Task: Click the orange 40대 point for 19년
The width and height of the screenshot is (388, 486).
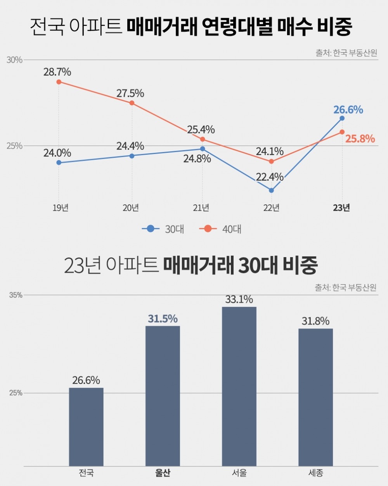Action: [59, 82]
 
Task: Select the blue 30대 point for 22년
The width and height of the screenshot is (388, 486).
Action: [271, 190]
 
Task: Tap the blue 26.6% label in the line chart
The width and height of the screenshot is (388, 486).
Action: [348, 110]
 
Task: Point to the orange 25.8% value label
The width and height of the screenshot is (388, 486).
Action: [360, 139]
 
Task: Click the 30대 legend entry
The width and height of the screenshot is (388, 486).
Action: [163, 229]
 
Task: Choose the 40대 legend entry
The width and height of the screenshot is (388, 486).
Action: [220, 229]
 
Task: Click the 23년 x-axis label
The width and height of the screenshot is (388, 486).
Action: [341, 208]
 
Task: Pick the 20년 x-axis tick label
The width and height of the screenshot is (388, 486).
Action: [131, 208]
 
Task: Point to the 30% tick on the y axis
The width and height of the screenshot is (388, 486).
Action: [14, 60]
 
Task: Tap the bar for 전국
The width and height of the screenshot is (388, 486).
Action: [86, 427]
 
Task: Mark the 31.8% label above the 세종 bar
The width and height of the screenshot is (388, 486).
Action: [315, 321]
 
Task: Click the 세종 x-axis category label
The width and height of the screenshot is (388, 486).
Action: [315, 473]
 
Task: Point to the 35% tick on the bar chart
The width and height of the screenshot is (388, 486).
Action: [16, 295]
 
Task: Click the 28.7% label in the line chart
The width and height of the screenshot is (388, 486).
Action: [57, 72]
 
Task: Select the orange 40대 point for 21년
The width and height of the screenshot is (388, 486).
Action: [203, 139]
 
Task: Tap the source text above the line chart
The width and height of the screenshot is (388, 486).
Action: [346, 53]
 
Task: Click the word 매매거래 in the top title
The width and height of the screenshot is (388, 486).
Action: [162, 27]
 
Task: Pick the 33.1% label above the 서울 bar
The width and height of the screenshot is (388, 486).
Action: [239, 299]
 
